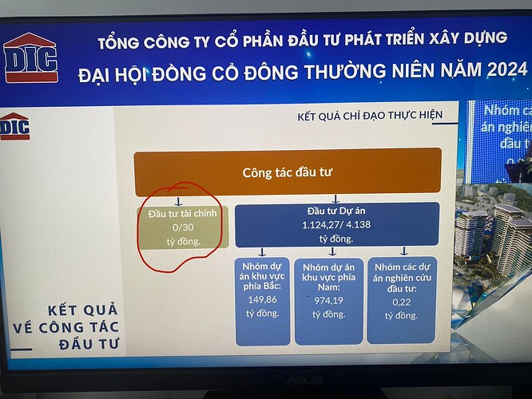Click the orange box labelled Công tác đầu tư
coord(287,172)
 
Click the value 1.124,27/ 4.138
coord(335,225)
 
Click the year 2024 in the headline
coord(504,70)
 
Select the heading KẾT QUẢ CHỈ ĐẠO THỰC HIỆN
coord(369,116)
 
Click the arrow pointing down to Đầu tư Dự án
coord(335,198)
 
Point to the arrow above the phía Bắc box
coord(264,251)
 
